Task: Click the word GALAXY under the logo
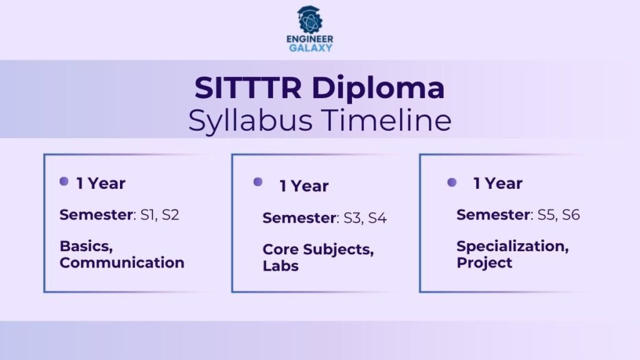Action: (x=311, y=48)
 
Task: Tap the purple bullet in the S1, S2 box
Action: (x=64, y=181)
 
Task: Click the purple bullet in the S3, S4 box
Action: (x=257, y=182)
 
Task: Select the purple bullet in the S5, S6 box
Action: (x=452, y=182)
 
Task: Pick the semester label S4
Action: (x=377, y=218)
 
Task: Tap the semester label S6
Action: (x=571, y=215)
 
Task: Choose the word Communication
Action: (x=122, y=262)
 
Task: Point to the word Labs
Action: (x=281, y=266)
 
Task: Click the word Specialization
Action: (x=512, y=246)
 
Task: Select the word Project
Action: (x=484, y=262)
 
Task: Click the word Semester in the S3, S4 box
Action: (x=299, y=218)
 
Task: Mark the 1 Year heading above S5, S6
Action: (x=497, y=183)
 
